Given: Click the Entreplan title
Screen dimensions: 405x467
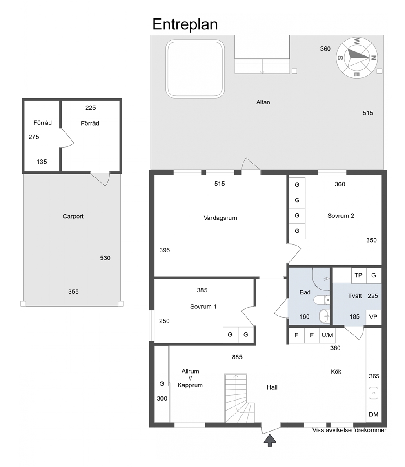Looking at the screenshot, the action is coord(185,24).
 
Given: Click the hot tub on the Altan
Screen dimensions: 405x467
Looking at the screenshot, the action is coord(195,69).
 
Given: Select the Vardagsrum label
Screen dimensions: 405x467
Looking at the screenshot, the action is coord(220,218).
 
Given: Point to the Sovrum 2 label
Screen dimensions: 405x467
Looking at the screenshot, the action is coord(340,216).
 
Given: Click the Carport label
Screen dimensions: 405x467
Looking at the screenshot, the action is coord(73,217).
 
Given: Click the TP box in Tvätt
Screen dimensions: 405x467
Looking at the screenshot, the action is coord(358,275).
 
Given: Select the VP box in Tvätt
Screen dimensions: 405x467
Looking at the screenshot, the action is coord(374,317).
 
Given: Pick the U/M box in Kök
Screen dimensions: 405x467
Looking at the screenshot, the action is coord(327,335).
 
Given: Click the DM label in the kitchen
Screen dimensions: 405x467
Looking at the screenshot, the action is coord(374,414).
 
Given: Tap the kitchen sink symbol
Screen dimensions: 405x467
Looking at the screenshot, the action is coord(374,393).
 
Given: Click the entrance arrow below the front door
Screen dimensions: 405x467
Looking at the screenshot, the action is coord(270,440).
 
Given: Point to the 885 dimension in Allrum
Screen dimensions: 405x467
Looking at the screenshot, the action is coord(237,357).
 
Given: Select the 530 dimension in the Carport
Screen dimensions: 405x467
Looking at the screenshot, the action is coord(105,258).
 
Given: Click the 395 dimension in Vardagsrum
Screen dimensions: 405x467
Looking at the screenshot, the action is coord(165,250).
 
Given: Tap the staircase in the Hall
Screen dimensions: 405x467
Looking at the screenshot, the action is coord(239,398).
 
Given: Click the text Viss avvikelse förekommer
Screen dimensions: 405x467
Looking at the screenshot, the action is coord(350,430).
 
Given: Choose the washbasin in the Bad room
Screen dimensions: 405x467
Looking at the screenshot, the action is coord(324,316).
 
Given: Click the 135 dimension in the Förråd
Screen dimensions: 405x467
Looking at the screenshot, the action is coord(42,162).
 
